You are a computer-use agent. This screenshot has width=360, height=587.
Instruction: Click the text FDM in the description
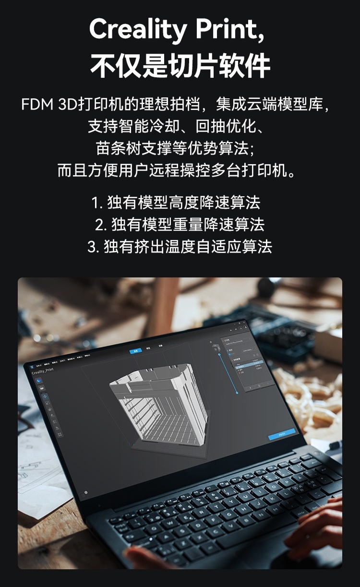pos(37,105)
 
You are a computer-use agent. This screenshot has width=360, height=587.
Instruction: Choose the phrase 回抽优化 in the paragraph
pos(226,126)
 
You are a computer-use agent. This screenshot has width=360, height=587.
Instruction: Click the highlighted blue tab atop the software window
pos(135,351)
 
